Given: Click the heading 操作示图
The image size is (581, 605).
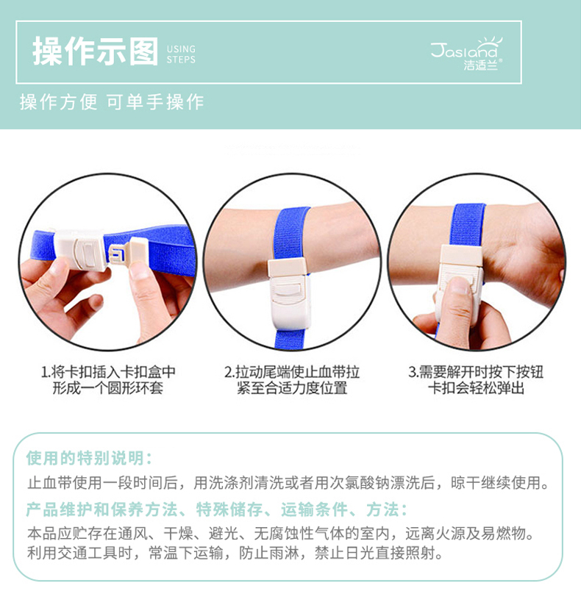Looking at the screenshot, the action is pyautogui.click(x=96, y=51).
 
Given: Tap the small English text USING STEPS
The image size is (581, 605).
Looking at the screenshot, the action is pyautogui.click(x=181, y=54).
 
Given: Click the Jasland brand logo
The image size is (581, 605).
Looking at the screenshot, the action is pyautogui.click(x=467, y=54).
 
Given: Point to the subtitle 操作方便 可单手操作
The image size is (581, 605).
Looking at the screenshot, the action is pyautogui.click(x=112, y=102).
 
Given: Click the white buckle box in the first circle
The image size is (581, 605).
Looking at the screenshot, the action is pyautogui.click(x=80, y=250).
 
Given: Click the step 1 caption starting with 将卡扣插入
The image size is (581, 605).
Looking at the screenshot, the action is pyautogui.click(x=108, y=380).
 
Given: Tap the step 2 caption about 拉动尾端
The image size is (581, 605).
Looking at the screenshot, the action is pyautogui.click(x=292, y=380).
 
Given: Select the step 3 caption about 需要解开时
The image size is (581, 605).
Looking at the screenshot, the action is pyautogui.click(x=476, y=380).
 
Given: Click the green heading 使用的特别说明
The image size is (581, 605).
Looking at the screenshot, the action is pyautogui.click(x=89, y=458).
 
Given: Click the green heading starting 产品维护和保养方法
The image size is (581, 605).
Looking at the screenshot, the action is pyautogui.click(x=216, y=509).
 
